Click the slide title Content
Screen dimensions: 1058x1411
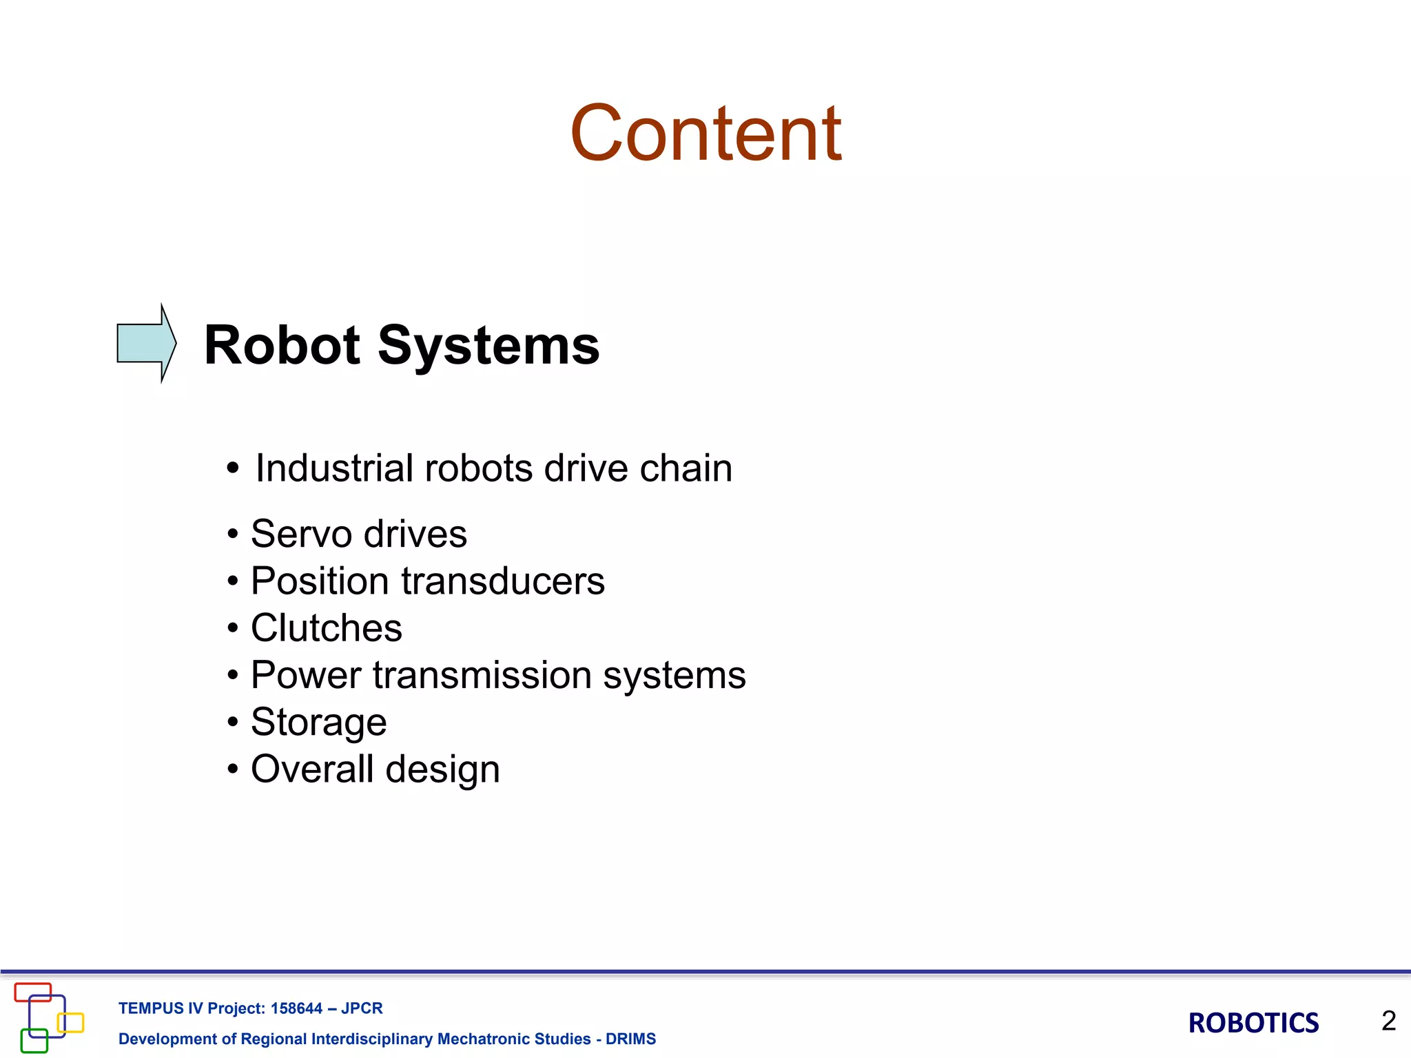705,133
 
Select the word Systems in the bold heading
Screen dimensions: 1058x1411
488,346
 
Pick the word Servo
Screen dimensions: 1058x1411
301,534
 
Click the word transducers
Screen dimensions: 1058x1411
503,581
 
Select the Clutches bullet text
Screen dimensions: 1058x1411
326,627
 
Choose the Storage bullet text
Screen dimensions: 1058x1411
318,723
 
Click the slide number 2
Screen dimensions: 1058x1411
1388,1021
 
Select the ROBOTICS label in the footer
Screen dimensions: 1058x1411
1253,1023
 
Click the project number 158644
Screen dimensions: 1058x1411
296,1008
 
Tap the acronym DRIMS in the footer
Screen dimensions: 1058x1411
630,1039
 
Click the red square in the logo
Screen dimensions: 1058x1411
33,992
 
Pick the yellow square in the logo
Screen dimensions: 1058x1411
71,1023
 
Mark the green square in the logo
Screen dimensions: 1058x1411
34,1041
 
